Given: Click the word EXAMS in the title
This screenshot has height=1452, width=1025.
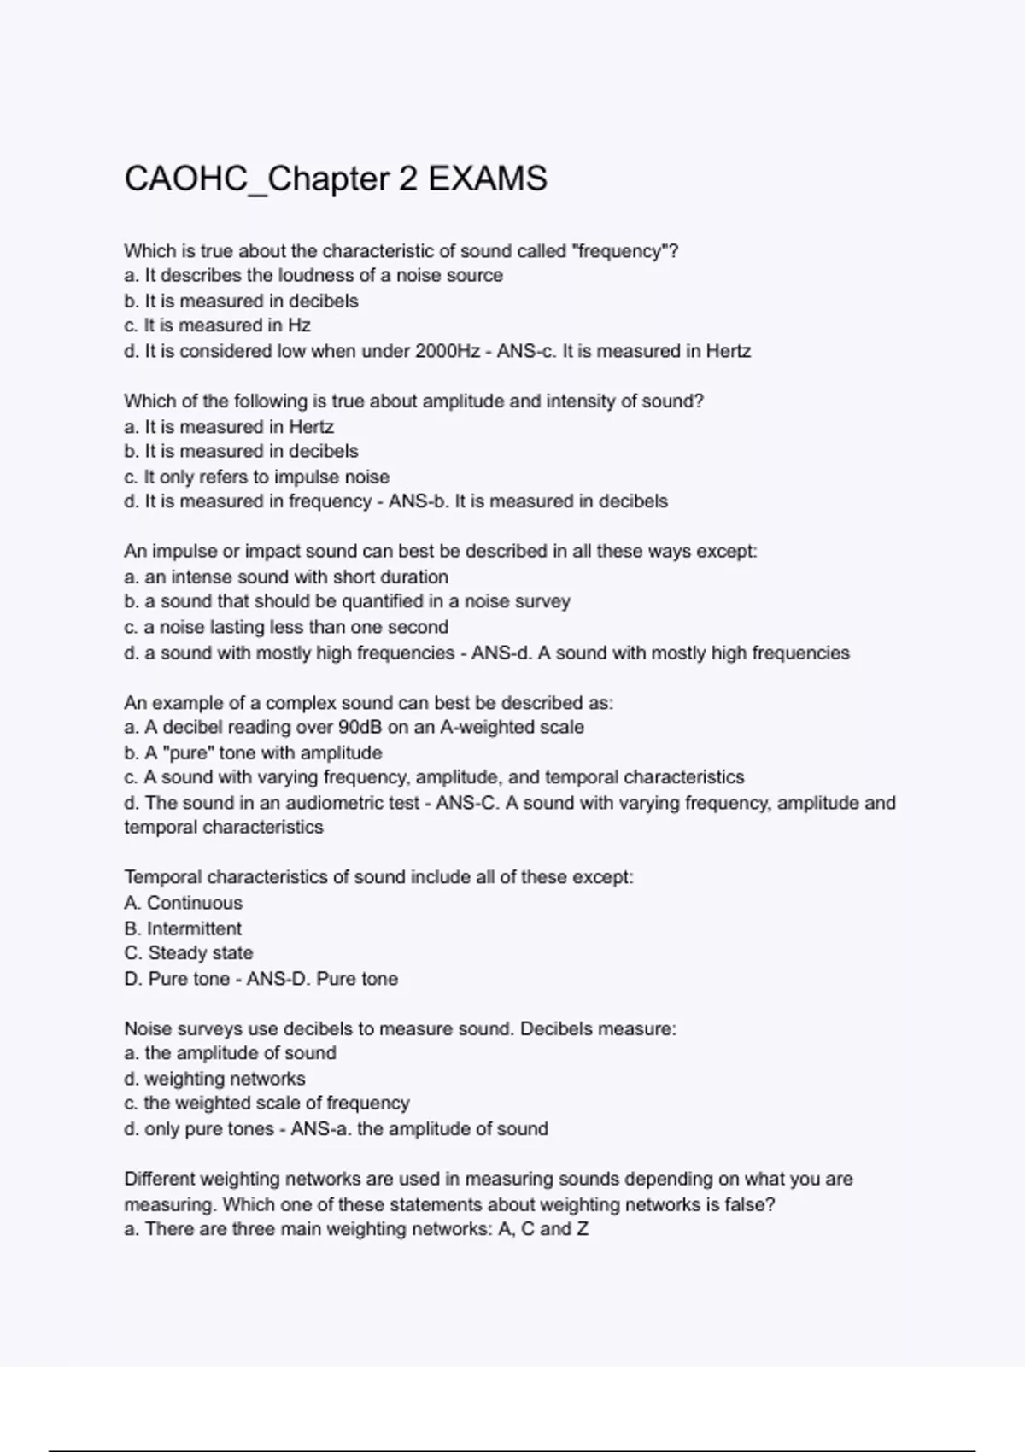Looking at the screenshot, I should (487, 179).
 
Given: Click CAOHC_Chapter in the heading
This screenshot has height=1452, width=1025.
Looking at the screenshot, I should (256, 179).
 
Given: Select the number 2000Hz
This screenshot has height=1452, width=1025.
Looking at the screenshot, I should (447, 351).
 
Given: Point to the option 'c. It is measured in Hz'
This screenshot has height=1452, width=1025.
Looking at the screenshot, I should (217, 325).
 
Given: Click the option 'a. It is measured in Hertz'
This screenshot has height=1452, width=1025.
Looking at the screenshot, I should (228, 426).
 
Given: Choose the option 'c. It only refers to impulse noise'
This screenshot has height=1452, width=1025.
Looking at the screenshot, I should (256, 477).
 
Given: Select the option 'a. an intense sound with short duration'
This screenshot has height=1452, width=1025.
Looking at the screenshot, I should (286, 577).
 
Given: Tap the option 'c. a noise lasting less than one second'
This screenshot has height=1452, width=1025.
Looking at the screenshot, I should (286, 627).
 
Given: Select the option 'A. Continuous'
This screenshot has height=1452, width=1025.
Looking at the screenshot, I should (183, 903).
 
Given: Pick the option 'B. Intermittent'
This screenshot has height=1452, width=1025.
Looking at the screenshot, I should (183, 928).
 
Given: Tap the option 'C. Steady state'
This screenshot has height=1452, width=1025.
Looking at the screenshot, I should (188, 953).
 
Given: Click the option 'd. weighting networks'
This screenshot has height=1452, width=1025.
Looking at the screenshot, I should (214, 1079).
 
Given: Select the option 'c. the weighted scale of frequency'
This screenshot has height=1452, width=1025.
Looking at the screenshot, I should (266, 1104).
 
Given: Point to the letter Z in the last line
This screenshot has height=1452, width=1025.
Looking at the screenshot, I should (583, 1229).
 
